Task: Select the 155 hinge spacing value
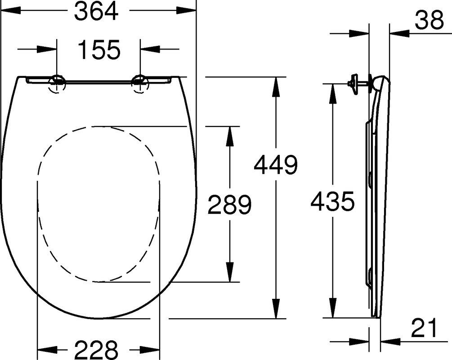99,50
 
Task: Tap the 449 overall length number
276,165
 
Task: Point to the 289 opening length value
230,204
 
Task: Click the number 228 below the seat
97,349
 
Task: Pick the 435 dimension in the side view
332,201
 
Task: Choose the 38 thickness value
429,20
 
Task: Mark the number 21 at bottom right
424,328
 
